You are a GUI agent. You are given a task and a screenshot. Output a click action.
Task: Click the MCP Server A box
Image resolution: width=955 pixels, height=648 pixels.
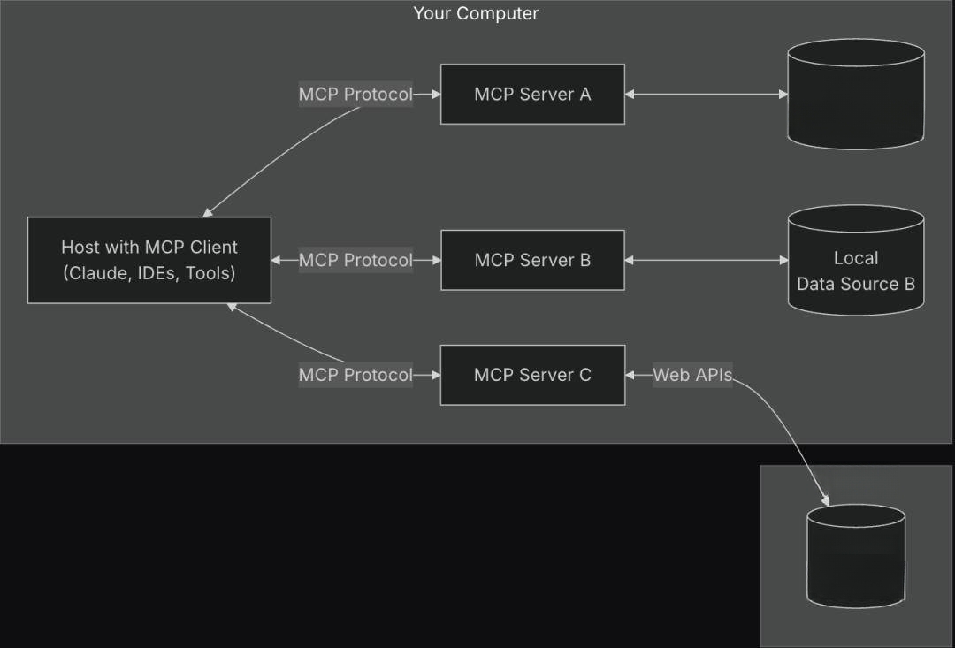click(532, 94)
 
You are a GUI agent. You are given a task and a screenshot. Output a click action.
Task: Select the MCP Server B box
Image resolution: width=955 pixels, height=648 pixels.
click(532, 260)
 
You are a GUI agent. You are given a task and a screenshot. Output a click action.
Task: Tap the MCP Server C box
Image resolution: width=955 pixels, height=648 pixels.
click(532, 375)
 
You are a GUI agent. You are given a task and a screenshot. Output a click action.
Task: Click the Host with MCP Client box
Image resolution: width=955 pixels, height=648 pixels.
click(149, 260)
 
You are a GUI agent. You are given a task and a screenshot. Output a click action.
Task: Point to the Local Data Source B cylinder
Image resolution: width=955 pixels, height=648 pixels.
click(856, 260)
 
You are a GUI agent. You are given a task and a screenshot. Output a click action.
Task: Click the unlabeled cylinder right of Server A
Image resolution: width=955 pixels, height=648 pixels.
click(856, 94)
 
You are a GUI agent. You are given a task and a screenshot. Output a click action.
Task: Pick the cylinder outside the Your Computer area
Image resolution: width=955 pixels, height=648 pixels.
click(856, 556)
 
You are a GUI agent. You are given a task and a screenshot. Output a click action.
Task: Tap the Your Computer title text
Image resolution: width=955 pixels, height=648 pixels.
click(476, 13)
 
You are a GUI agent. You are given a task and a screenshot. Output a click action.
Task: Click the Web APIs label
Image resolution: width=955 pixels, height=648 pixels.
click(692, 375)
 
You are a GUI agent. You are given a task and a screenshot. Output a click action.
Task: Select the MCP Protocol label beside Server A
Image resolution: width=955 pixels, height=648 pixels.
click(355, 94)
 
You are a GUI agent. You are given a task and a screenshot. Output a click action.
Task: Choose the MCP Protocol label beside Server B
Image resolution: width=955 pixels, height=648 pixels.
click(355, 260)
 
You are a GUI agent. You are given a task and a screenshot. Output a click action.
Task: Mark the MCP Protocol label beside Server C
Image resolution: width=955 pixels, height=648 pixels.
click(355, 375)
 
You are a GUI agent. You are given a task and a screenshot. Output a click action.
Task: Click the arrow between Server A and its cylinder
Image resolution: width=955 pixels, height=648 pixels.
click(707, 94)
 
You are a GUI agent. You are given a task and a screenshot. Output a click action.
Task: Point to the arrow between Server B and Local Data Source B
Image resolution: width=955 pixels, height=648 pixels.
click(707, 260)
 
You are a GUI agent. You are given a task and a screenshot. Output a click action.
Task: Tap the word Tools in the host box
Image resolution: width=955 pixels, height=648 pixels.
click(210, 273)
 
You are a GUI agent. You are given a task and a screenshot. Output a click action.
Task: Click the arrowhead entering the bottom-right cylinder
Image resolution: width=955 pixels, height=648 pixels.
click(826, 500)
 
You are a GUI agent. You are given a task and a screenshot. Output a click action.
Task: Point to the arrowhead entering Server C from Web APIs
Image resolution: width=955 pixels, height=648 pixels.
click(630, 375)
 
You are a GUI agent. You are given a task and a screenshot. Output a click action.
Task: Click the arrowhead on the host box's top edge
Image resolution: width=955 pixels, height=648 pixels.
click(207, 212)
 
